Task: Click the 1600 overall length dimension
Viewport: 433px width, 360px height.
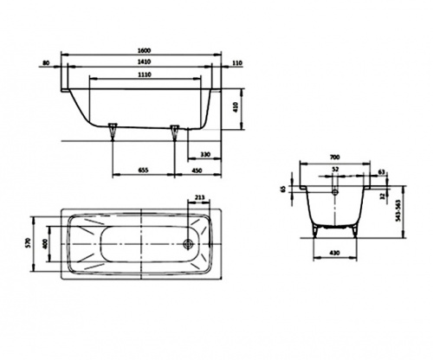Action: (x=145, y=50)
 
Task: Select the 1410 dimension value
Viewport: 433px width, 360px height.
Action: (x=145, y=61)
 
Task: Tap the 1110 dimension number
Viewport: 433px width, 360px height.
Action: (x=145, y=74)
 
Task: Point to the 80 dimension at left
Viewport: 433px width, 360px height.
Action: (x=46, y=62)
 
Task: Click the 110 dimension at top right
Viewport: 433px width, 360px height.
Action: (x=237, y=62)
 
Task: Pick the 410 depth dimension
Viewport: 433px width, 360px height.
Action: (x=236, y=107)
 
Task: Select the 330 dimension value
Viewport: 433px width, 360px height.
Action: (x=205, y=155)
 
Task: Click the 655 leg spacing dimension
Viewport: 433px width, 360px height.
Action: (x=143, y=170)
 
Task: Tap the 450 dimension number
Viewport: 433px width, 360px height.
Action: (x=197, y=170)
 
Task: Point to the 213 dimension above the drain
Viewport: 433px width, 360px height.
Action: (x=199, y=197)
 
